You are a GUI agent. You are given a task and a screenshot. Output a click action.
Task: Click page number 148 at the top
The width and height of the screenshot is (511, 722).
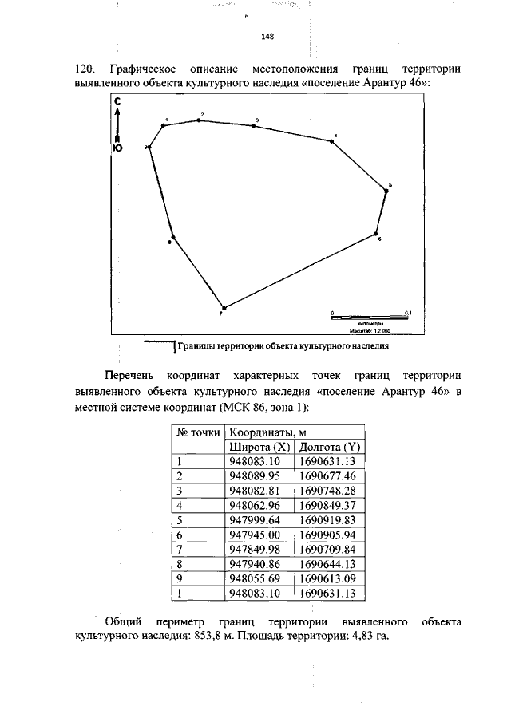click(267, 36)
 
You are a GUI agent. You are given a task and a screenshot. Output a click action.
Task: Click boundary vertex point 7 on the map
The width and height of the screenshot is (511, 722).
click(224, 308)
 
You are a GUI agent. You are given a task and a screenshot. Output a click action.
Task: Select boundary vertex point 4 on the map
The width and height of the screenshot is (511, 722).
click(331, 141)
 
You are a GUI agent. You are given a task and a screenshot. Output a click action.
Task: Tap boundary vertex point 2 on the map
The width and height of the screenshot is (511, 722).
click(199, 120)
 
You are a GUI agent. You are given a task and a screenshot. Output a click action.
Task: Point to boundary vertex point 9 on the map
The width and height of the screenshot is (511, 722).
click(150, 147)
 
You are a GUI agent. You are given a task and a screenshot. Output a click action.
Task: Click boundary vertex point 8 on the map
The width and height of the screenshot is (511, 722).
click(172, 236)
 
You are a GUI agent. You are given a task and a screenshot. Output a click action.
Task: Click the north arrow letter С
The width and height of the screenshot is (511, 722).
click(117, 101)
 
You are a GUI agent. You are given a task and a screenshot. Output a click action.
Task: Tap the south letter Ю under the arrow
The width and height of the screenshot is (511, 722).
click(117, 148)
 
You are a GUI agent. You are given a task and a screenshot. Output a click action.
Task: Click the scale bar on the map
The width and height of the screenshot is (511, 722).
click(369, 317)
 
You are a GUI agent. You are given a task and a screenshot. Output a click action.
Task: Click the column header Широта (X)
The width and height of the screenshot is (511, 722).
click(259, 447)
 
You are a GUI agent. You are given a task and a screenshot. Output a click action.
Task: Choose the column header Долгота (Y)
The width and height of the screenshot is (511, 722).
click(328, 447)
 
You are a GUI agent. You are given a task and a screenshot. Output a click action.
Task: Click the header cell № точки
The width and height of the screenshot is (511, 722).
click(197, 432)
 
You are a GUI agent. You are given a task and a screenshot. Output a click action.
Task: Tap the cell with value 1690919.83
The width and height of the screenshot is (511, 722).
click(327, 519)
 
